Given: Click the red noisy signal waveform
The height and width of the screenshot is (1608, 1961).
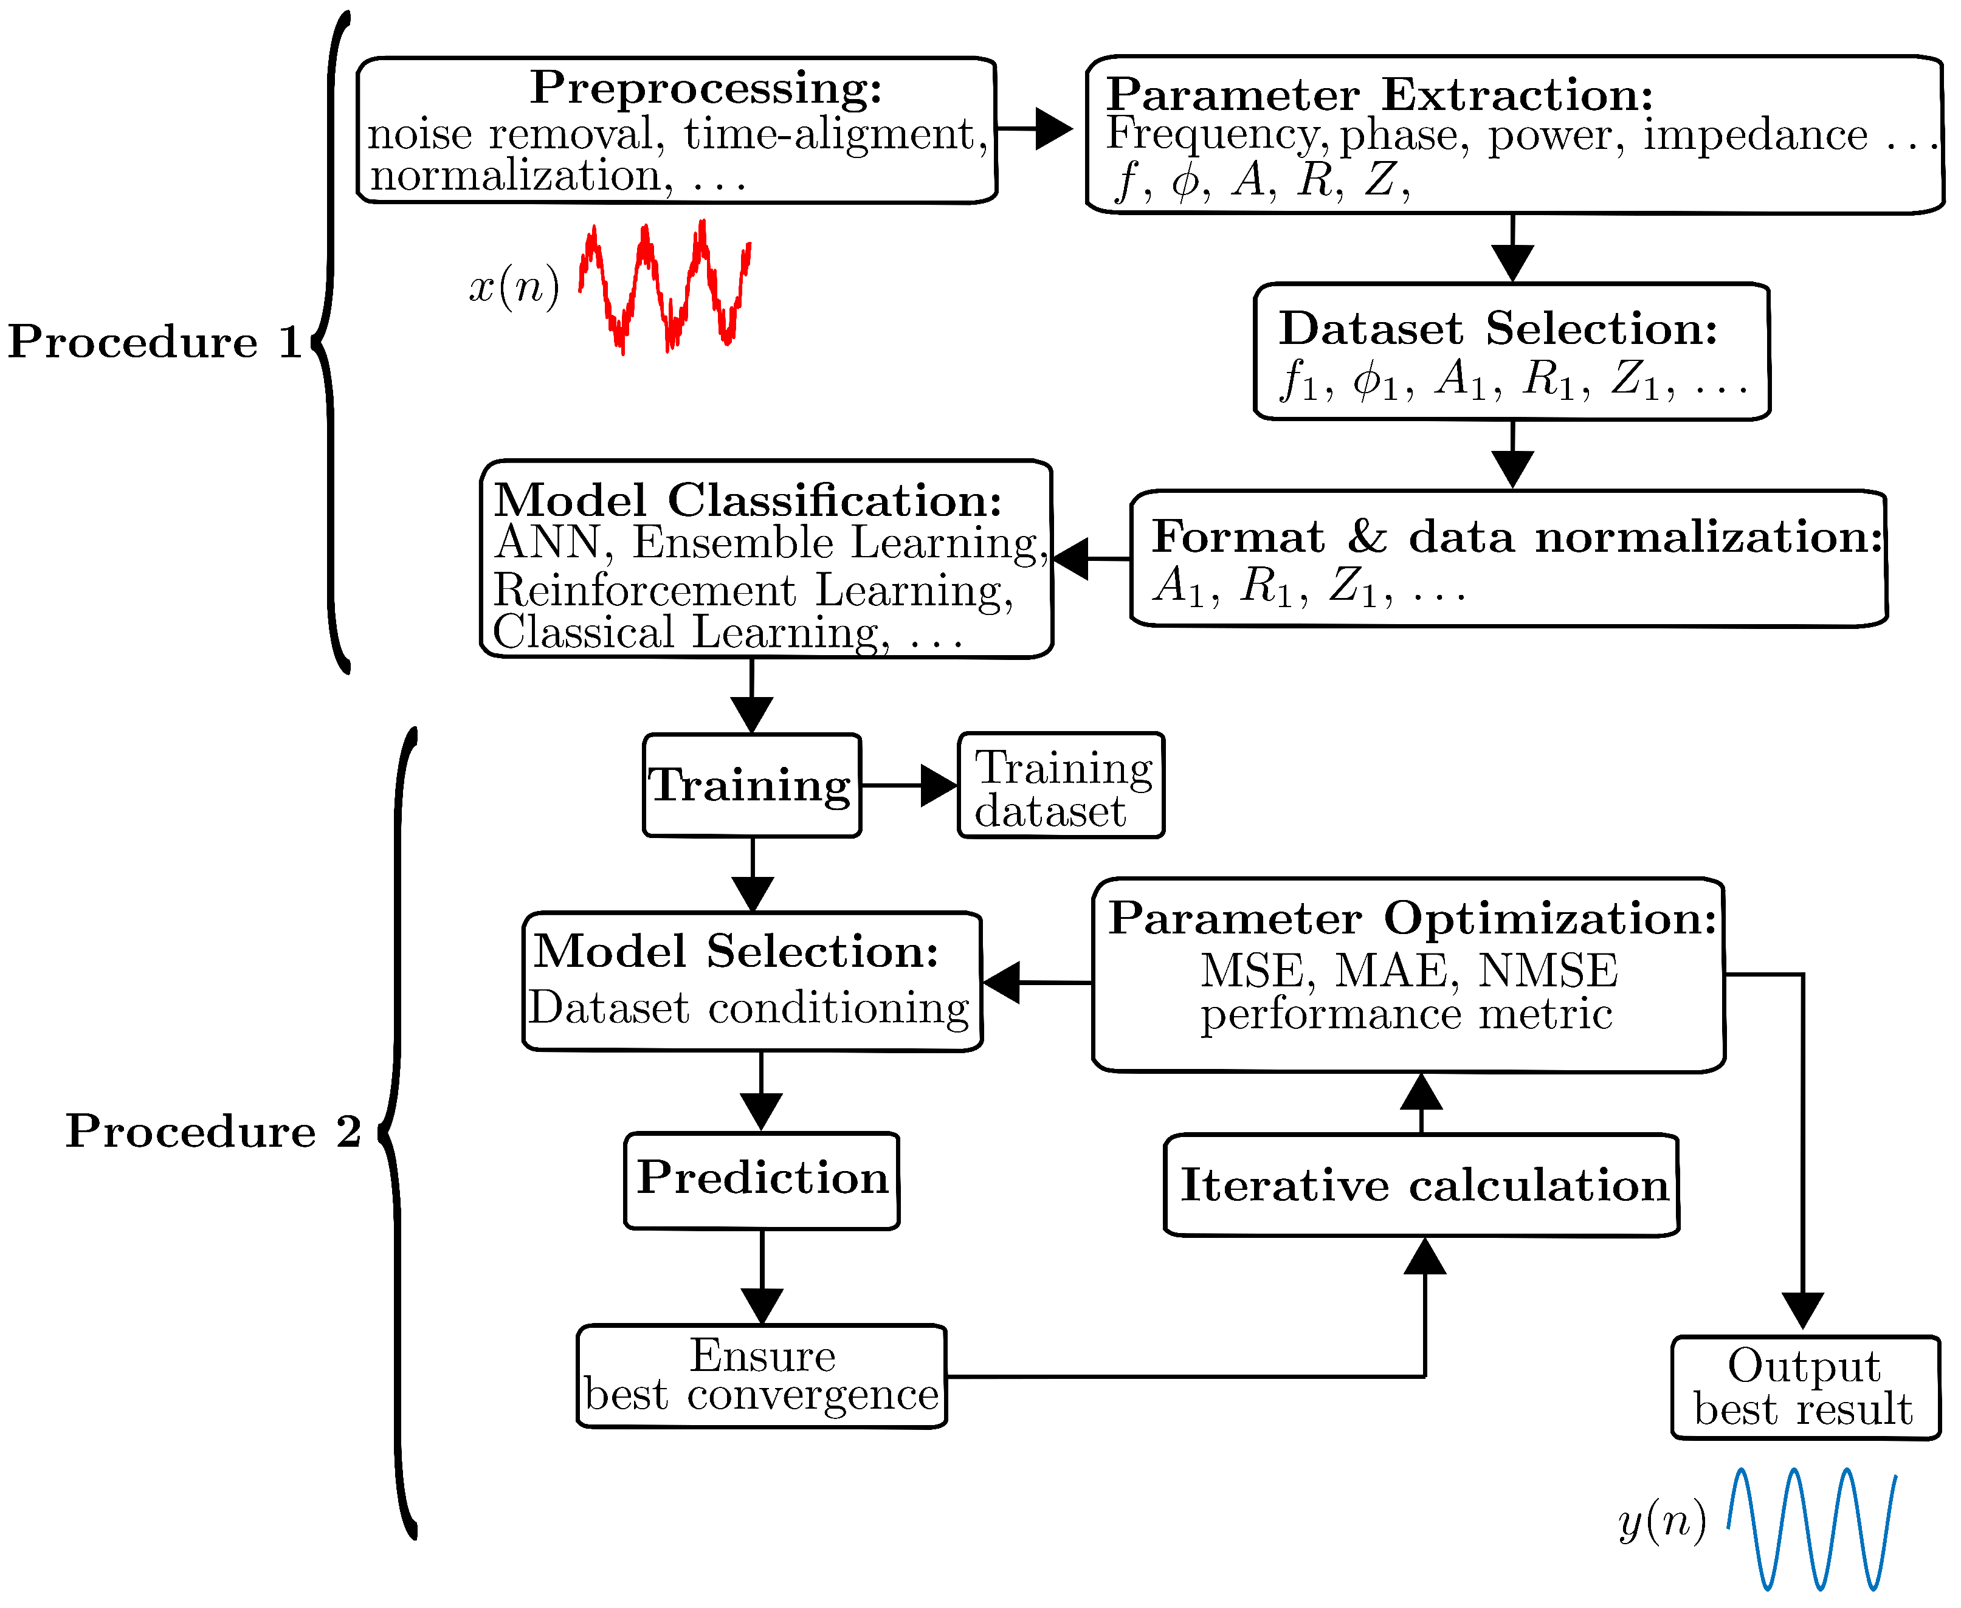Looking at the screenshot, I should tap(664, 287).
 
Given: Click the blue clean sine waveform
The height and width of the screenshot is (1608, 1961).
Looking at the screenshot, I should tap(1811, 1529).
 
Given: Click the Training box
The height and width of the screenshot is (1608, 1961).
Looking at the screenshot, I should tap(751, 786).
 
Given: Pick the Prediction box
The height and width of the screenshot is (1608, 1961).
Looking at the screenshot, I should tap(762, 1179).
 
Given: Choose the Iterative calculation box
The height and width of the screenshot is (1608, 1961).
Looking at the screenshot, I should tap(1422, 1186).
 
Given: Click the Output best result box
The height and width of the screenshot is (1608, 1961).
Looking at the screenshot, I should tap(1804, 1387).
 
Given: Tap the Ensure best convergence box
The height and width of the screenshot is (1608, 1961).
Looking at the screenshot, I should tap(762, 1375).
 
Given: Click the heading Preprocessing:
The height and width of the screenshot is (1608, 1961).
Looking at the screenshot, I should tap(706, 88).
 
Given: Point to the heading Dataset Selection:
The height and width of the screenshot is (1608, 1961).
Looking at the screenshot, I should tap(1498, 328).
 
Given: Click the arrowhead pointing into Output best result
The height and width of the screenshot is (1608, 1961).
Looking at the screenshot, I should tap(1802, 1311).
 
